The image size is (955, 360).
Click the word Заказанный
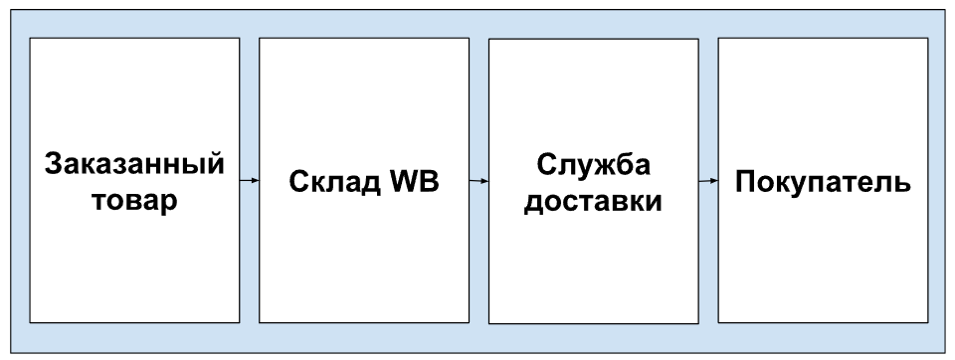pos(134,164)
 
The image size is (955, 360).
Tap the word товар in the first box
pos(134,201)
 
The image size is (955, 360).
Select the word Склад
pos(335,182)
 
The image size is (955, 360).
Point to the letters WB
pos(415,181)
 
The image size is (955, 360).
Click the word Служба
pos(593,164)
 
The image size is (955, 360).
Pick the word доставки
pos(593,201)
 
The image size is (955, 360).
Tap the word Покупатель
pos(823,182)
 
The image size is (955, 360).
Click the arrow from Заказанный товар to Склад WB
pos(249,180)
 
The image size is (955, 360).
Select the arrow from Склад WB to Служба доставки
pos(478,181)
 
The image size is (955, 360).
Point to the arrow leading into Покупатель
pos(708,181)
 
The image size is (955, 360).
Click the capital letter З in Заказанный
pos(55,164)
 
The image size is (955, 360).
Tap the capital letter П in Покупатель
pos(745,182)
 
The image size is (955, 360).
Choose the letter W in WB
pos(405,182)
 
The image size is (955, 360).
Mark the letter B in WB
pos(430,182)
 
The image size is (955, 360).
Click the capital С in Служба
pos(547,164)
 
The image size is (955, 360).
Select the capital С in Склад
pos(299,182)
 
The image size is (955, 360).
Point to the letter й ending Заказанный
pos(216,163)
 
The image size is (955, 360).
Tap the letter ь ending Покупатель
pos(903,185)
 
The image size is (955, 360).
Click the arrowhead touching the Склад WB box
pos(256,180)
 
